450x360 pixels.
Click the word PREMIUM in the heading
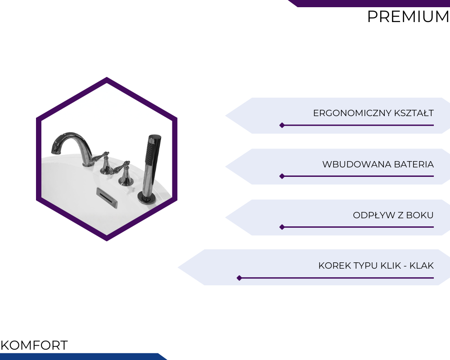(x=408, y=17)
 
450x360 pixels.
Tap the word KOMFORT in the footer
(x=34, y=345)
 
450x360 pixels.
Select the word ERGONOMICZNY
(x=352, y=113)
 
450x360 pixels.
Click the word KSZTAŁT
(x=414, y=113)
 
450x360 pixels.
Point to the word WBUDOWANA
(x=357, y=164)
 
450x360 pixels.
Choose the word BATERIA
(x=414, y=164)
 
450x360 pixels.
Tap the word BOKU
(x=420, y=215)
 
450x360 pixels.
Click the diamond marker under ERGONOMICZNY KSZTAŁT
(x=282, y=125)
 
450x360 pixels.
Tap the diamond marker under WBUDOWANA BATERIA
(x=282, y=176)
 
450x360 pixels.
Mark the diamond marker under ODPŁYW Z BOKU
(x=282, y=227)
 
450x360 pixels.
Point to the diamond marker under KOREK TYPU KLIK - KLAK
(x=239, y=278)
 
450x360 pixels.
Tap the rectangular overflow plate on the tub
(x=107, y=198)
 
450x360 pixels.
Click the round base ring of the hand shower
(x=147, y=198)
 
